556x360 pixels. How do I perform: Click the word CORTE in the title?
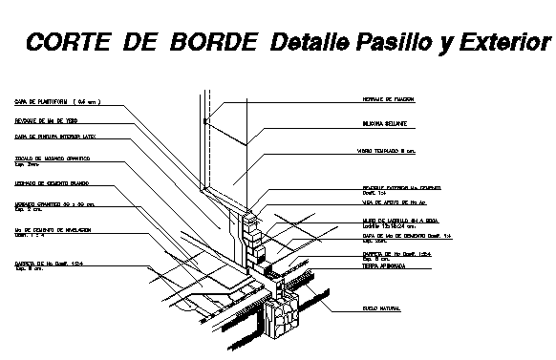pyautogui.click(x=63, y=42)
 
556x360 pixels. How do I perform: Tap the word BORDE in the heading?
pyautogui.click(x=212, y=42)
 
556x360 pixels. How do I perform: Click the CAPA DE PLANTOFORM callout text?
pyautogui.click(x=55, y=100)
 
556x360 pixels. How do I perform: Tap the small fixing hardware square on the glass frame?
pyautogui.click(x=205, y=121)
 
